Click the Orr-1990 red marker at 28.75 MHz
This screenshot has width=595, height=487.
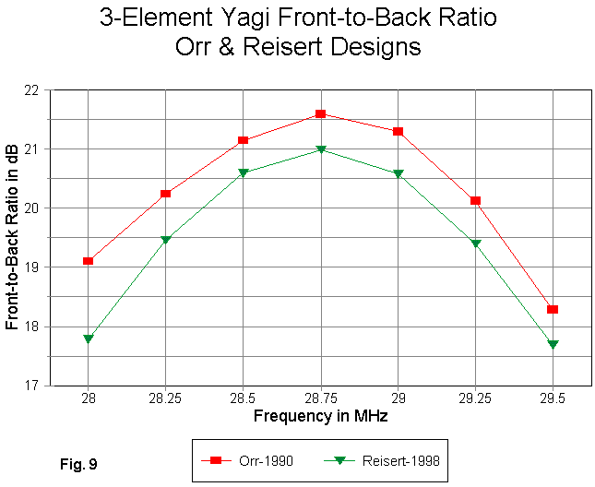(x=320, y=113)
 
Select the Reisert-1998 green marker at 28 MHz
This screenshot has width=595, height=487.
(x=88, y=339)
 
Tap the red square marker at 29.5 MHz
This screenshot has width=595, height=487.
(x=553, y=309)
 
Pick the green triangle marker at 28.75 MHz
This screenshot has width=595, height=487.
(x=320, y=149)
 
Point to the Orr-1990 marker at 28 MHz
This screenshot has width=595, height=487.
(x=88, y=261)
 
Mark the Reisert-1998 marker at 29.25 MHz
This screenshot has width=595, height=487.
(x=475, y=243)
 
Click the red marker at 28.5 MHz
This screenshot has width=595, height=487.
(x=243, y=140)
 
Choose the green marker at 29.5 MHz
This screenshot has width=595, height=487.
(x=553, y=345)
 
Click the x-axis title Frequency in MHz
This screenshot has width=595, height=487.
(x=320, y=416)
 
